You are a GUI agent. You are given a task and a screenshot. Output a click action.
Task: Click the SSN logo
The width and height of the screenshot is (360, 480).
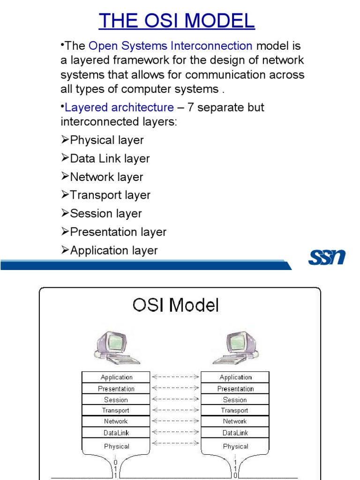pyautogui.click(x=327, y=257)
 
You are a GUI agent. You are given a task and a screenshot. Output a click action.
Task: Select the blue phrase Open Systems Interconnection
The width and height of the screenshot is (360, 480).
pyautogui.click(x=170, y=46)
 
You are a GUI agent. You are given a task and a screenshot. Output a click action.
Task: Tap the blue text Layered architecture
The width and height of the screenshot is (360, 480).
pyautogui.click(x=119, y=107)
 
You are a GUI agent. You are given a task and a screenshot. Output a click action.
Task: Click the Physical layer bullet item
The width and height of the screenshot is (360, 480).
pyautogui.click(x=106, y=140)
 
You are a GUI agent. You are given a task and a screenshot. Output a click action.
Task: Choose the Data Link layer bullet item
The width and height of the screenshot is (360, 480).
pyautogui.click(x=110, y=158)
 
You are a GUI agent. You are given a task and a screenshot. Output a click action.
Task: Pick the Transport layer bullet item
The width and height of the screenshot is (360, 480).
pyautogui.click(x=110, y=195)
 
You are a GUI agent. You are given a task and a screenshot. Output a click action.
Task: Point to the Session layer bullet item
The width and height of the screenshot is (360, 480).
pyautogui.click(x=105, y=214)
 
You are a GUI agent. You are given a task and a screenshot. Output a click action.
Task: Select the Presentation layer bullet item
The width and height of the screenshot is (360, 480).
pyautogui.click(x=118, y=232)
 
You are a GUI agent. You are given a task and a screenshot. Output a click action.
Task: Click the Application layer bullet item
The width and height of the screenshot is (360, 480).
pyautogui.click(x=114, y=251)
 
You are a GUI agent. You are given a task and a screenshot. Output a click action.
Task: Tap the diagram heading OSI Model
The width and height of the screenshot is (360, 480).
pyautogui.click(x=176, y=306)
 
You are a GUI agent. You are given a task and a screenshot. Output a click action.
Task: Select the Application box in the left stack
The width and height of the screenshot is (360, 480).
pyautogui.click(x=116, y=377)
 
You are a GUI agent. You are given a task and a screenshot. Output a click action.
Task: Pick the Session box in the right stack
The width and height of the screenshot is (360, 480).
pyautogui.click(x=235, y=400)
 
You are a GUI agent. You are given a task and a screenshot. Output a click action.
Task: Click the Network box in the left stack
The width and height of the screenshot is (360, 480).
pyautogui.click(x=116, y=421)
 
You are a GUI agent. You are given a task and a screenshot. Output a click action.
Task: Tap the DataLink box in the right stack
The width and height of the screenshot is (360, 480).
pyautogui.click(x=235, y=433)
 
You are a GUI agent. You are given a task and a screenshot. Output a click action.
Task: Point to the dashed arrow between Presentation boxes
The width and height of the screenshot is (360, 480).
pyautogui.click(x=175, y=388)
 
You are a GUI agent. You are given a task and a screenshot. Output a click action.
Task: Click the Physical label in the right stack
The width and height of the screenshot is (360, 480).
pyautogui.click(x=235, y=446)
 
